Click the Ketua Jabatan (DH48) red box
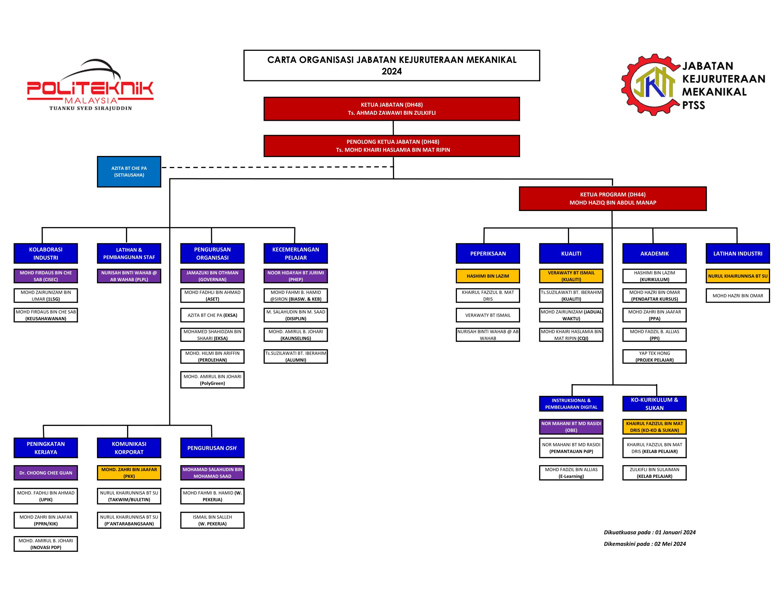pos(392,109)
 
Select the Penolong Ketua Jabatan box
pos(392,146)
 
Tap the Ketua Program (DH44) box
pos(613,199)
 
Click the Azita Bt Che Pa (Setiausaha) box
pos(129,172)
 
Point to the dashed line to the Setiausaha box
pos(278,167)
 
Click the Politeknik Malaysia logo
pos(90,85)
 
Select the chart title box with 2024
pos(392,65)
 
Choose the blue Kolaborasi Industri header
pos(46,253)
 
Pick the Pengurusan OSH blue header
pos(212,448)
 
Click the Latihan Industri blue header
pos(738,253)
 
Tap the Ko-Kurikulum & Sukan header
pos(654,404)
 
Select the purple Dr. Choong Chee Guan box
pos(46,473)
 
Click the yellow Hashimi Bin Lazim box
pos(488,276)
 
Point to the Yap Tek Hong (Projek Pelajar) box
pos(654,356)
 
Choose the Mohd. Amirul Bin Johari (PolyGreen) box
pos(212,380)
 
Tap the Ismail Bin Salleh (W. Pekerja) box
pos(212,520)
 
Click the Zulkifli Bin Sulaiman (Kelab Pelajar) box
pos(654,473)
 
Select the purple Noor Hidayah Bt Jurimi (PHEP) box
pos(296,276)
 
